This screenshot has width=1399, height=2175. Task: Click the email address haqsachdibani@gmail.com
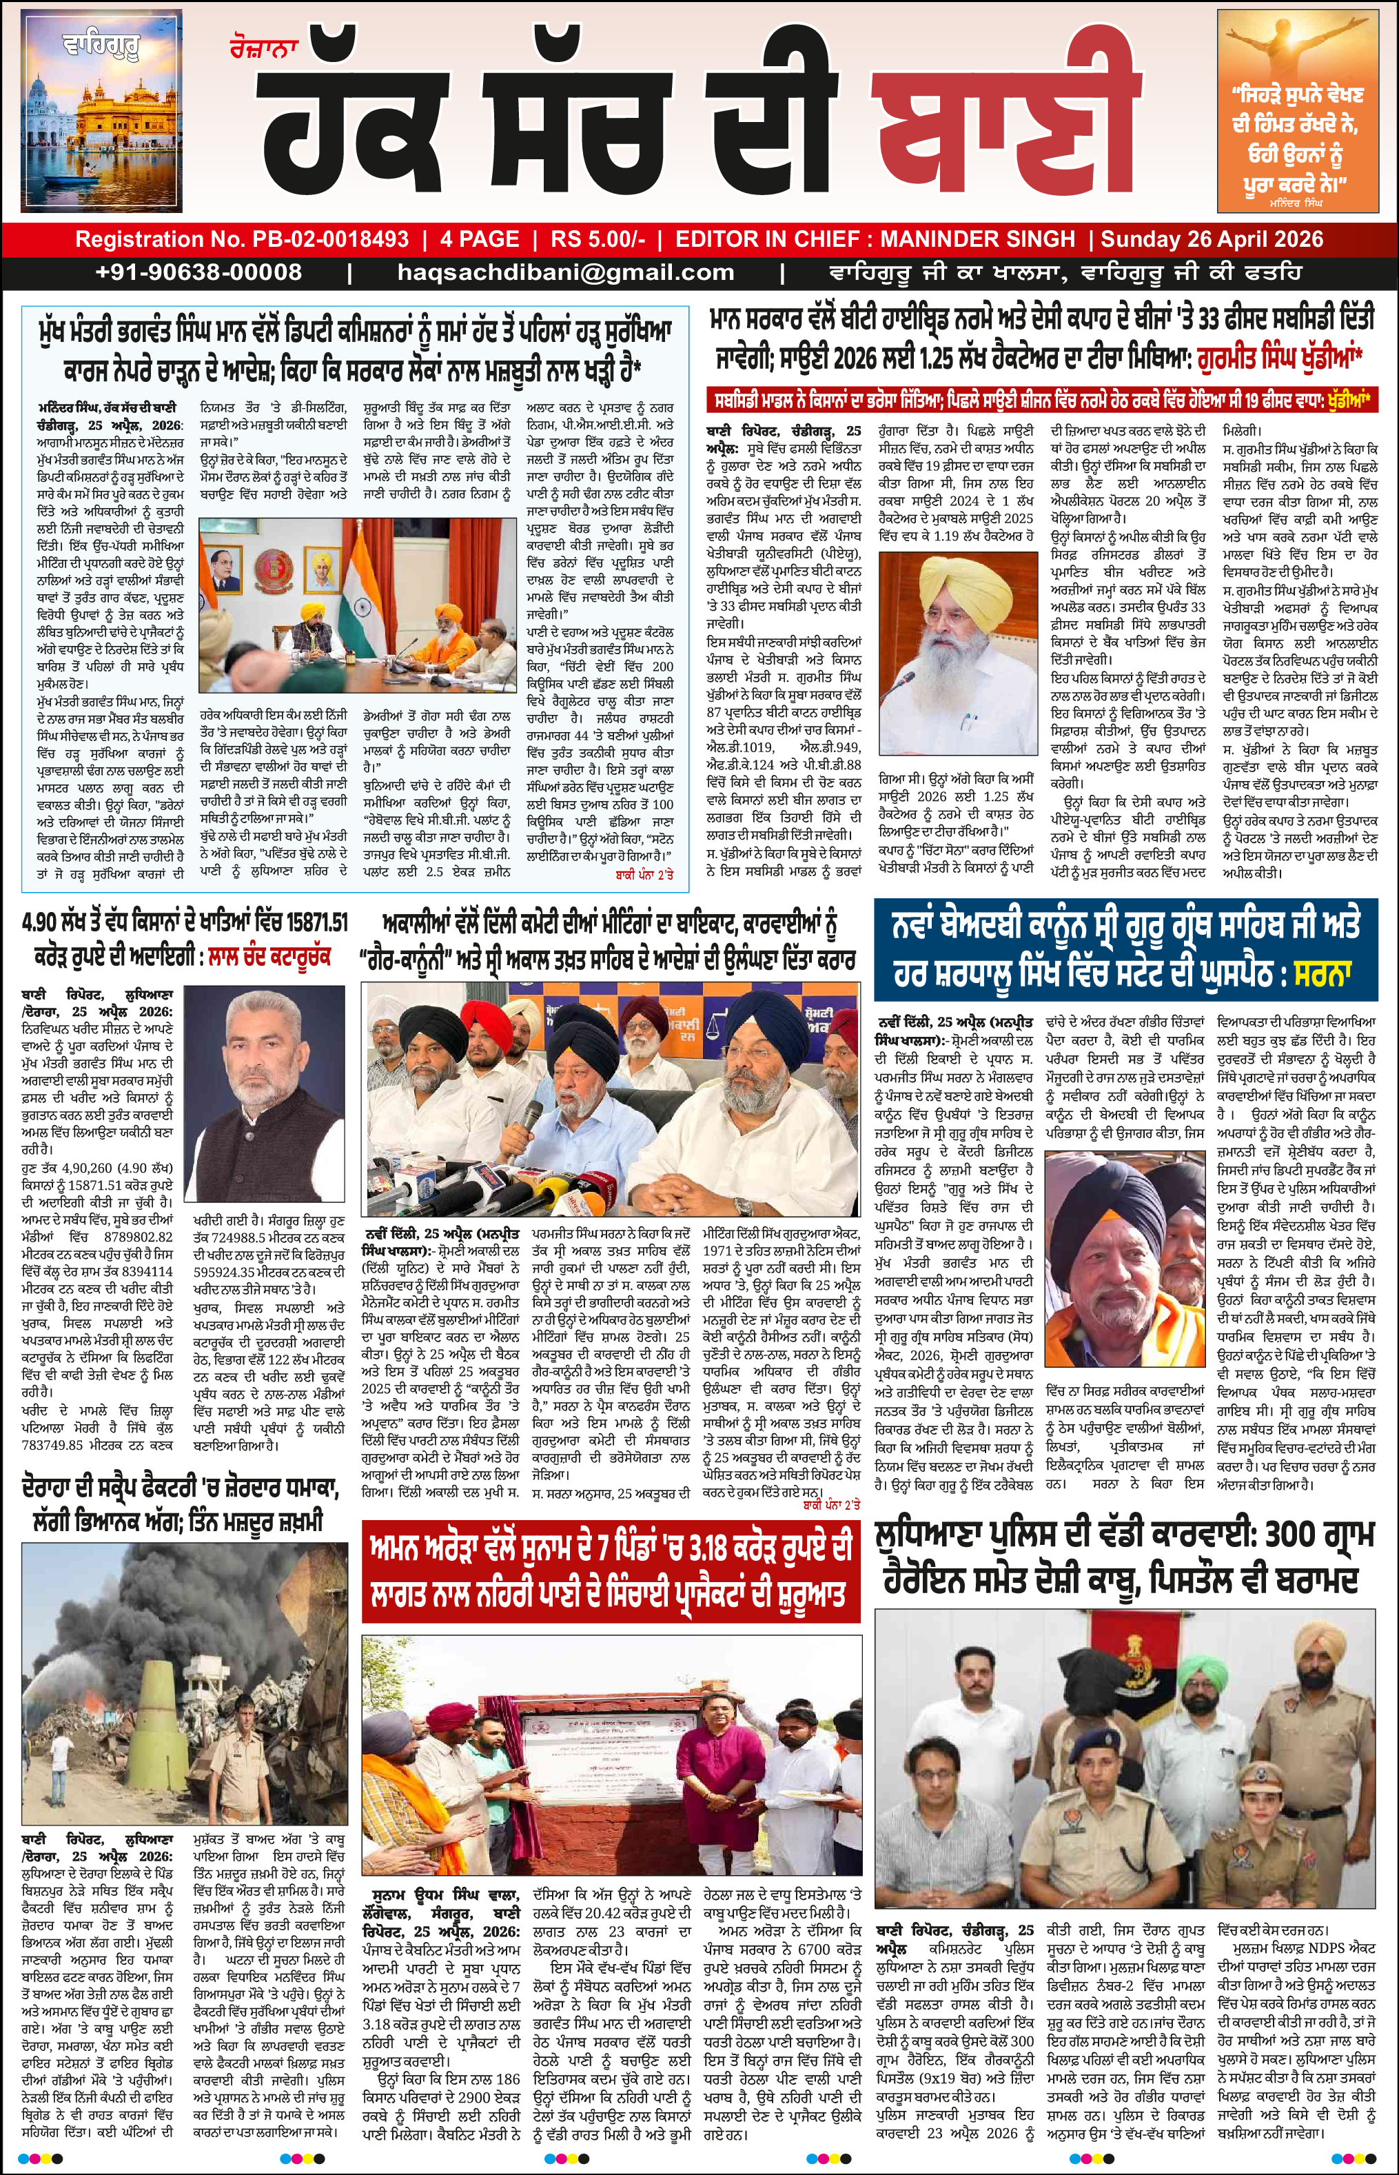point(565,272)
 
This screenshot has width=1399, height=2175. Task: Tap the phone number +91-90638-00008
point(198,272)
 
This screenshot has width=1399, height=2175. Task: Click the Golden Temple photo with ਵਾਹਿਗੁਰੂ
point(101,114)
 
